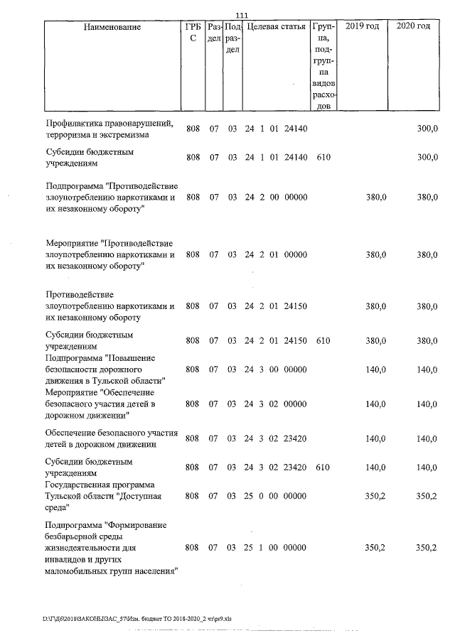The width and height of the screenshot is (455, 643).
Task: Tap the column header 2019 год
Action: point(361,27)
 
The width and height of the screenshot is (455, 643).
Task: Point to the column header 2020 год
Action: point(413,27)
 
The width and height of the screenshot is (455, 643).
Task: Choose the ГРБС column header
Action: point(192,33)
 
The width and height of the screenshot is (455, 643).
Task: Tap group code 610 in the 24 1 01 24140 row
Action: point(323,157)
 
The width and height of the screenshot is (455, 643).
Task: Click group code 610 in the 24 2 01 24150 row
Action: point(323,341)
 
